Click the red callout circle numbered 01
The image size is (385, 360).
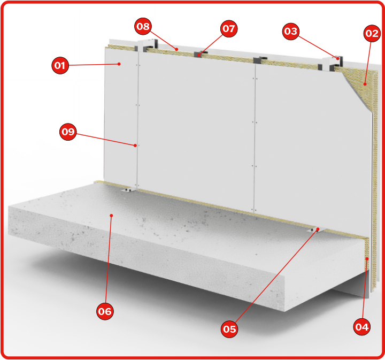[x=60, y=66]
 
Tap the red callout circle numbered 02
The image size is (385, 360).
[x=372, y=33]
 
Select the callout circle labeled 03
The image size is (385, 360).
[x=291, y=31]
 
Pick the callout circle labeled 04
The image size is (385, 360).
[x=362, y=327]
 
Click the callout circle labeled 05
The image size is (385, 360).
[x=229, y=329]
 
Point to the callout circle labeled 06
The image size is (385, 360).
[x=105, y=311]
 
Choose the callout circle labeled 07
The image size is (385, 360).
[x=229, y=29]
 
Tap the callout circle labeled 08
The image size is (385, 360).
[x=143, y=26]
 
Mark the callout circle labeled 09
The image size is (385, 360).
[x=68, y=132]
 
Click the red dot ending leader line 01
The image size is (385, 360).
[x=119, y=64]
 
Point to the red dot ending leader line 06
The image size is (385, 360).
[x=111, y=216]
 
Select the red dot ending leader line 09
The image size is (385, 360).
[x=135, y=145]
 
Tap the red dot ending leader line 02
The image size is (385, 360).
[x=365, y=84]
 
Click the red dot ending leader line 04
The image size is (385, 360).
[x=367, y=259]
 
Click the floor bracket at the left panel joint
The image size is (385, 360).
[x=128, y=190]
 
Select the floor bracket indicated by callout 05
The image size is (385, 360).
[x=316, y=230]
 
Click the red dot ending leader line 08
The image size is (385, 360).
[x=176, y=49]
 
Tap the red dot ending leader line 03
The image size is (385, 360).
[x=338, y=58]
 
